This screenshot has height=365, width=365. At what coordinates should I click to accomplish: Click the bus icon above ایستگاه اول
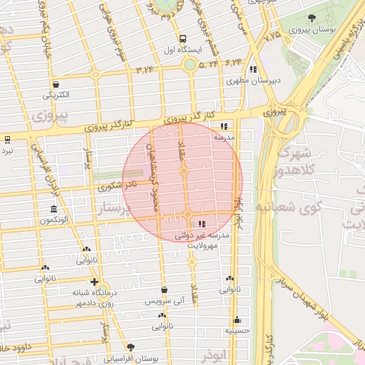click(183, 38)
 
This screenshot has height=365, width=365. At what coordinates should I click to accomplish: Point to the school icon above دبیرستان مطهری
click(254, 69)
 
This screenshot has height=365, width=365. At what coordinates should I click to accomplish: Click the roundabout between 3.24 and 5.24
click(190, 66)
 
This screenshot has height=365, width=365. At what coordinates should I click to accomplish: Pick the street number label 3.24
click(145, 70)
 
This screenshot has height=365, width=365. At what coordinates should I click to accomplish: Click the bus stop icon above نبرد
click(6, 139)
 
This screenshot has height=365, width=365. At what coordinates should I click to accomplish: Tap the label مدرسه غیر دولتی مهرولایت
click(202, 239)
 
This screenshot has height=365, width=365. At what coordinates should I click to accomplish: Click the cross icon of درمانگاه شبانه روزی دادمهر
click(94, 282)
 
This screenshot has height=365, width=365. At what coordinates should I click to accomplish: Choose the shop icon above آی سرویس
click(165, 290)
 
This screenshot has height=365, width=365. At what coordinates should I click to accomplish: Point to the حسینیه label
click(237, 331)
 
